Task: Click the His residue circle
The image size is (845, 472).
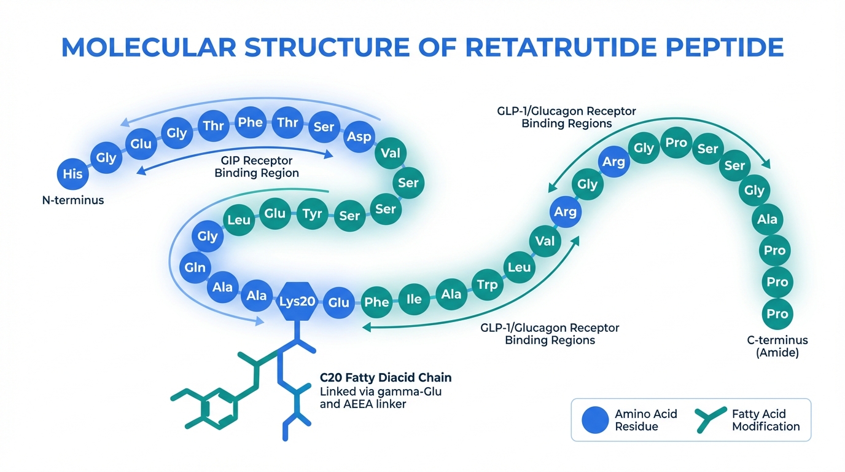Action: click(72, 174)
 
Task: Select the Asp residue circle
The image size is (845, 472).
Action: click(359, 136)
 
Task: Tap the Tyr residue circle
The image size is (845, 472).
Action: click(311, 214)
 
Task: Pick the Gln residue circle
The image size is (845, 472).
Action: click(195, 267)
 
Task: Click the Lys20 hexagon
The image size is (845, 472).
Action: click(297, 302)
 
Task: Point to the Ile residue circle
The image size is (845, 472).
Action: click(415, 299)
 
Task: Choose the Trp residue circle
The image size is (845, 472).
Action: click(487, 284)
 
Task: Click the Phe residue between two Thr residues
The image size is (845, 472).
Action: click(251, 122)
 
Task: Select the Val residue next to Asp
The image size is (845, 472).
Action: click(391, 152)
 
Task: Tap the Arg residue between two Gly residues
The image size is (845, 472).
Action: click(613, 162)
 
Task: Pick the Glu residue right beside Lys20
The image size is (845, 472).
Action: click(338, 302)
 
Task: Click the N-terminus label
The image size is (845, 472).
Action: click(72, 200)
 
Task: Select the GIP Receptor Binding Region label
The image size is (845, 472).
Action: click(257, 167)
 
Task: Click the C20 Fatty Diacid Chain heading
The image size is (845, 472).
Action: click(386, 377)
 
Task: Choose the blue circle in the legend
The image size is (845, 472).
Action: click(595, 420)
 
